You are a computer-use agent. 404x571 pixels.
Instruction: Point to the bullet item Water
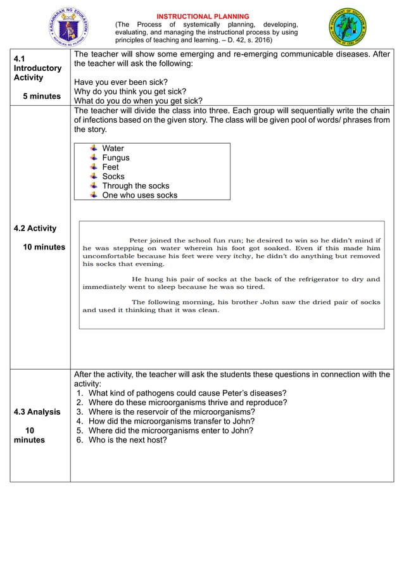[x=113, y=149]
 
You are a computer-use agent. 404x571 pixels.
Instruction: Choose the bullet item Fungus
[x=115, y=158]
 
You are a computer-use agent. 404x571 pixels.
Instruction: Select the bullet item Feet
[x=110, y=167]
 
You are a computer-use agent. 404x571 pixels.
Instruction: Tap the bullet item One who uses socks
[x=139, y=195]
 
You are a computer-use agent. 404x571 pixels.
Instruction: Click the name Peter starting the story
[x=141, y=240]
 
